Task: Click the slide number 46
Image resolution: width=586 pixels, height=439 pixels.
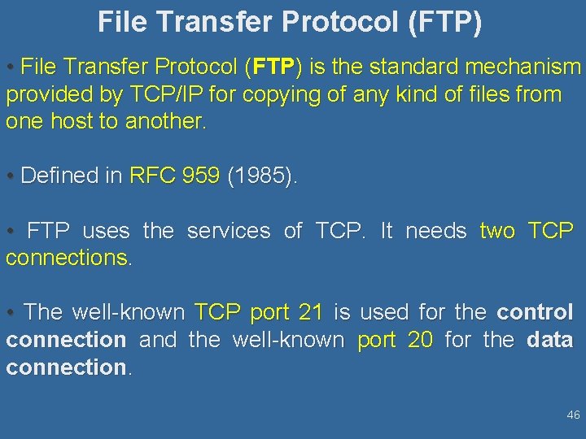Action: click(x=573, y=415)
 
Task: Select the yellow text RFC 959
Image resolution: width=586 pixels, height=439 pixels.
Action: click(x=174, y=176)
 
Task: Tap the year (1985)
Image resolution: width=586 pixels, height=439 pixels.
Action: click(x=260, y=176)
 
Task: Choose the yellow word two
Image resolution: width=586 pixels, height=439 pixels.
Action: click(x=496, y=231)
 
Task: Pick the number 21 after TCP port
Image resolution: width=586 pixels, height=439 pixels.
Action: click(x=311, y=312)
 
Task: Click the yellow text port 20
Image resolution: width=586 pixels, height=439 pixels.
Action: click(x=396, y=340)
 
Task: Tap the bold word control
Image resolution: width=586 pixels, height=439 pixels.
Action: click(x=535, y=312)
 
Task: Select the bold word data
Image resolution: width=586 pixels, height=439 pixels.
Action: click(x=549, y=340)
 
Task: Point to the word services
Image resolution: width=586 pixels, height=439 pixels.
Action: click(x=228, y=231)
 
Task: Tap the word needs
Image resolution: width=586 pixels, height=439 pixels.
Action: click(x=435, y=231)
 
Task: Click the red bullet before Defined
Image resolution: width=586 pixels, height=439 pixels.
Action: click(x=9, y=176)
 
